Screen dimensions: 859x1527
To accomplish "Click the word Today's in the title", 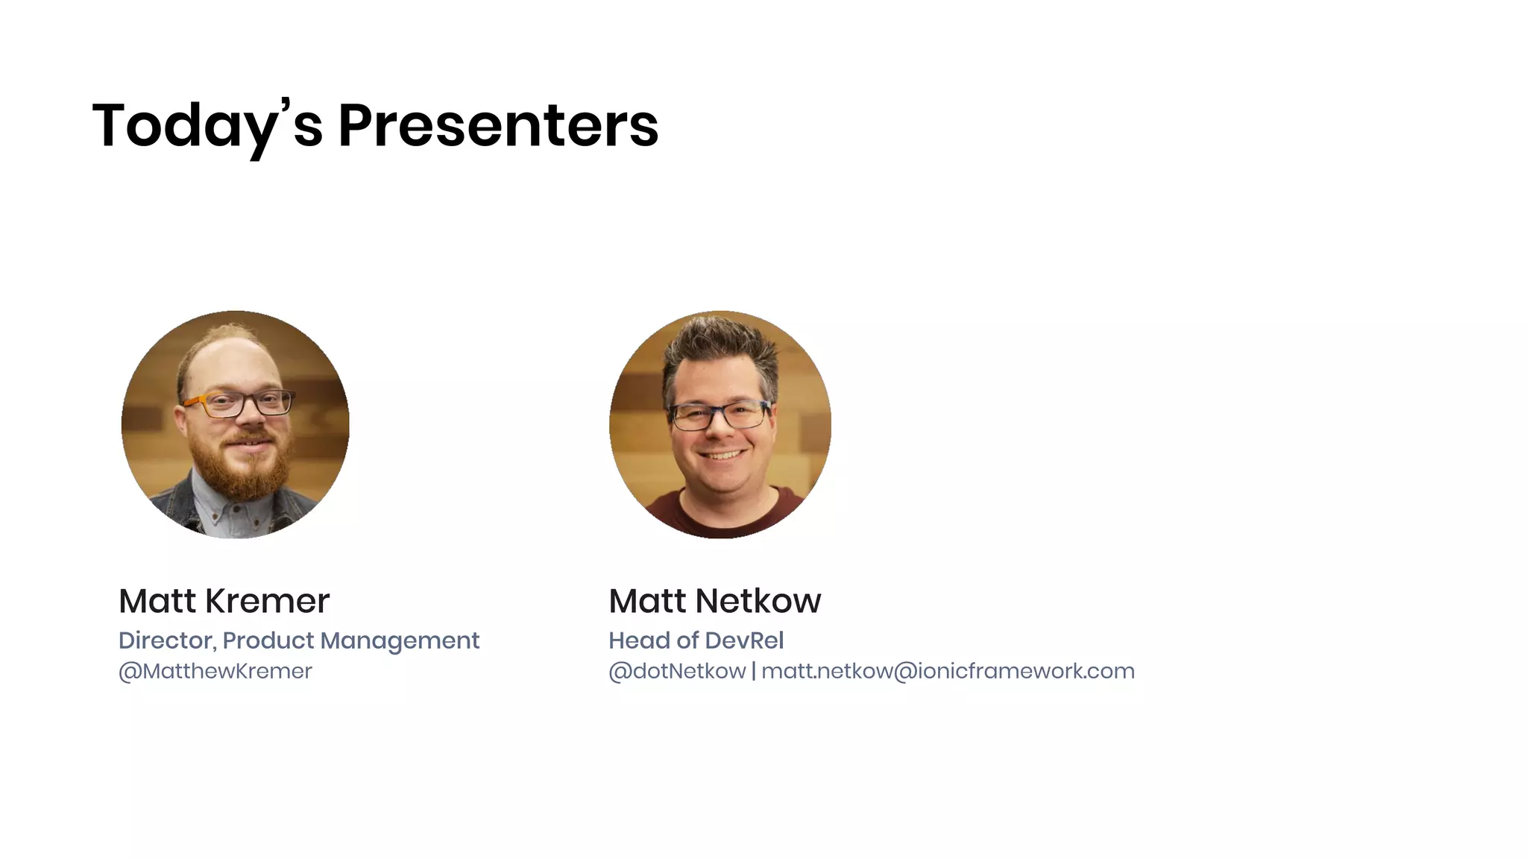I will click(207, 125).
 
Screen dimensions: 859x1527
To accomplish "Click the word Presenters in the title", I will click(498, 125).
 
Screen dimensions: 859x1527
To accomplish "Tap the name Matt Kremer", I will click(224, 601).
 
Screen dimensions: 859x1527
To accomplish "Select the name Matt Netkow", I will click(714, 601).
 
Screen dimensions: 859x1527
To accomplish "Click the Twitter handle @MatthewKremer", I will click(215, 671).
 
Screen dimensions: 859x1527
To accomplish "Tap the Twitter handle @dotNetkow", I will click(677, 671).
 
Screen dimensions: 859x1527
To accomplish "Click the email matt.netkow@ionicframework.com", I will click(948, 671).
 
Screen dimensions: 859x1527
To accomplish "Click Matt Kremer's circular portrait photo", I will click(236, 424).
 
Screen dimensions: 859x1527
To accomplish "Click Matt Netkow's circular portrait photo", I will click(720, 424).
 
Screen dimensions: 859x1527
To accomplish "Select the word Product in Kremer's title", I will click(268, 641).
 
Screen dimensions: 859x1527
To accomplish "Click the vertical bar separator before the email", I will click(754, 671).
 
